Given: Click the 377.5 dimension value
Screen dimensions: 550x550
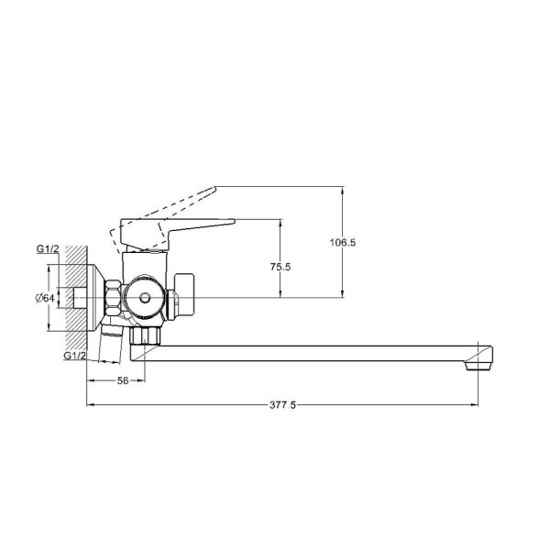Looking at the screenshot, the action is (x=282, y=405).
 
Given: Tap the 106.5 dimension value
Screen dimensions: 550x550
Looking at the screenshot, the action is (x=343, y=242).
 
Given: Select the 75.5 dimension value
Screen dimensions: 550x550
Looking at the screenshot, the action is (x=280, y=267).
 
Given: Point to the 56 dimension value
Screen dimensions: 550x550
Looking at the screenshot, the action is (x=123, y=380).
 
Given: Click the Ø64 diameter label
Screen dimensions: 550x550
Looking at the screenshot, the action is (x=45, y=298).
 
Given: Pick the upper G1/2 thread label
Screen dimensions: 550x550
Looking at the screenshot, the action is (x=48, y=248).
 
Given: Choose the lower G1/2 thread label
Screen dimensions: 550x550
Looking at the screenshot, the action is (x=75, y=356).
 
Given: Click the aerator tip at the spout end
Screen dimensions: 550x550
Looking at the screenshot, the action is (x=478, y=366).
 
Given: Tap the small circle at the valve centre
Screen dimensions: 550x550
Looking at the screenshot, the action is (x=144, y=298).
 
